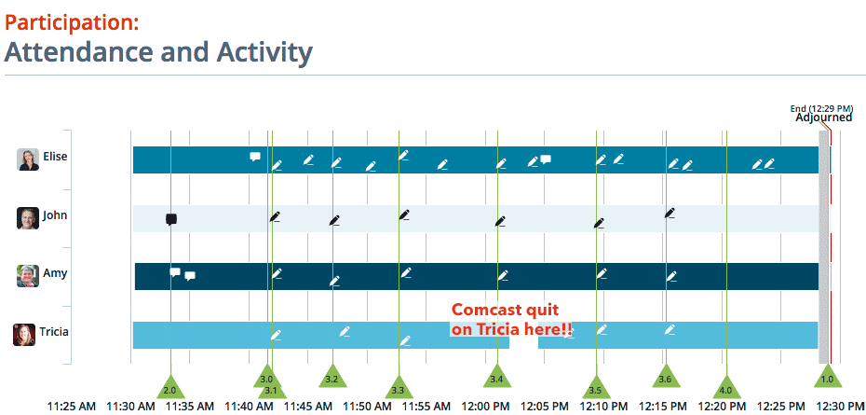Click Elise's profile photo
(x=28, y=159)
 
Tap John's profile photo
(x=28, y=218)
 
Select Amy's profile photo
(x=28, y=276)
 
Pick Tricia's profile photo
(x=24, y=335)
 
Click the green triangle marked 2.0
(x=170, y=387)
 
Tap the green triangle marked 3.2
(x=332, y=378)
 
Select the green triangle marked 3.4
(x=497, y=378)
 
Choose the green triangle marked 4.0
(x=726, y=387)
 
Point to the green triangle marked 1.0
(x=828, y=378)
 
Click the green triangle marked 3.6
(x=666, y=378)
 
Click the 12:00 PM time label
(x=485, y=407)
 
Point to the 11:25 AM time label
(x=72, y=407)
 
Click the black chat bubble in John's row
(x=171, y=220)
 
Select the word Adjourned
(x=823, y=118)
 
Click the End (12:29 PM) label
(x=822, y=108)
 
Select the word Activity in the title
(x=264, y=52)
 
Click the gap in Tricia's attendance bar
(x=523, y=336)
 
